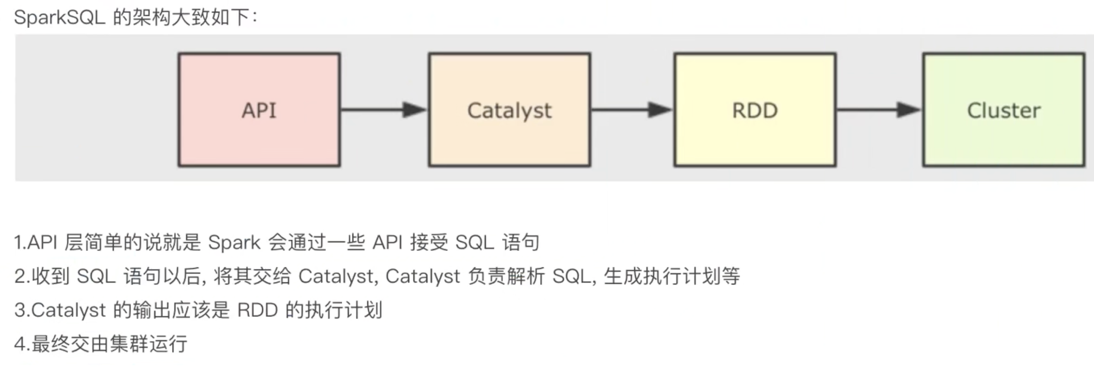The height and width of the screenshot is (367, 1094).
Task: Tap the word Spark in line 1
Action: tap(234, 243)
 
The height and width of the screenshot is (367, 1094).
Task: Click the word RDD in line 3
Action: tap(257, 310)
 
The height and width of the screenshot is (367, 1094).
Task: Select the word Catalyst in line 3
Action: tap(69, 310)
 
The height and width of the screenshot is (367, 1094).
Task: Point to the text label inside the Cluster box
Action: tap(1003, 111)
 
